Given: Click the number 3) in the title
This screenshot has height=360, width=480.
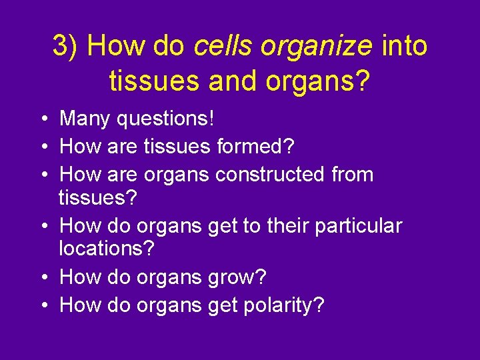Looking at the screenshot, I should [66, 47].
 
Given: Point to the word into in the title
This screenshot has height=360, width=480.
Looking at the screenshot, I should [404, 47].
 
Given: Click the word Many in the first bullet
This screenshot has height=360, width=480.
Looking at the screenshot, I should [85, 120].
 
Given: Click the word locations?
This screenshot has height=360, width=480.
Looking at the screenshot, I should [107, 249].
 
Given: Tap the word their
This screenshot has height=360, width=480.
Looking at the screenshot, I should [289, 226].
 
